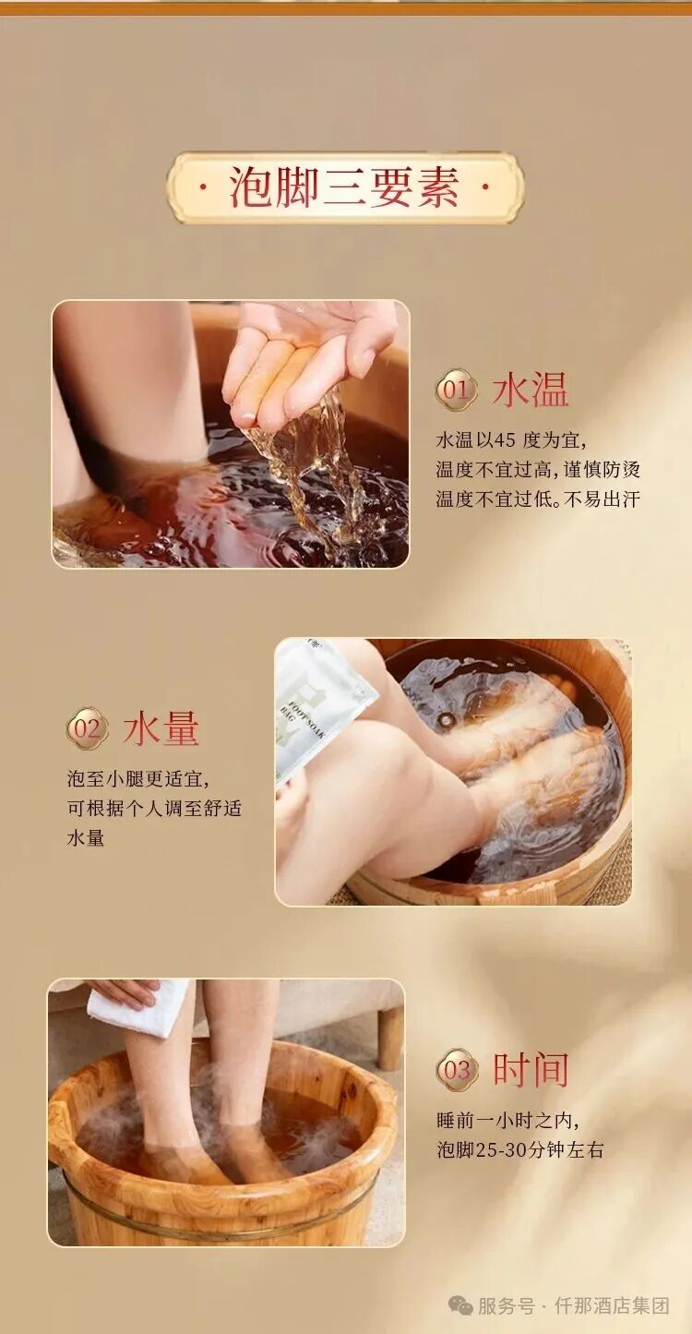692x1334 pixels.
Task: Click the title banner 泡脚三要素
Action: (x=345, y=188)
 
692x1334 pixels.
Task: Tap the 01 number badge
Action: (x=456, y=390)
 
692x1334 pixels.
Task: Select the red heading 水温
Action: (x=531, y=391)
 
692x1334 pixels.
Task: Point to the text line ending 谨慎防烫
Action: (x=538, y=470)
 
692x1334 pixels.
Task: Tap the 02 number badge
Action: (x=88, y=728)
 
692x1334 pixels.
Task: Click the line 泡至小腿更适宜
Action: (x=144, y=778)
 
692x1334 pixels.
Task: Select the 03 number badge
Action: (x=457, y=1070)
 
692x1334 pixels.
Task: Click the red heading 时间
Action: (x=531, y=1070)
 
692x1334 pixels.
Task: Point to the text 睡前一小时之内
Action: (x=507, y=1120)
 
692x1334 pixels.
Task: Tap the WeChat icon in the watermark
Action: (x=460, y=1305)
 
